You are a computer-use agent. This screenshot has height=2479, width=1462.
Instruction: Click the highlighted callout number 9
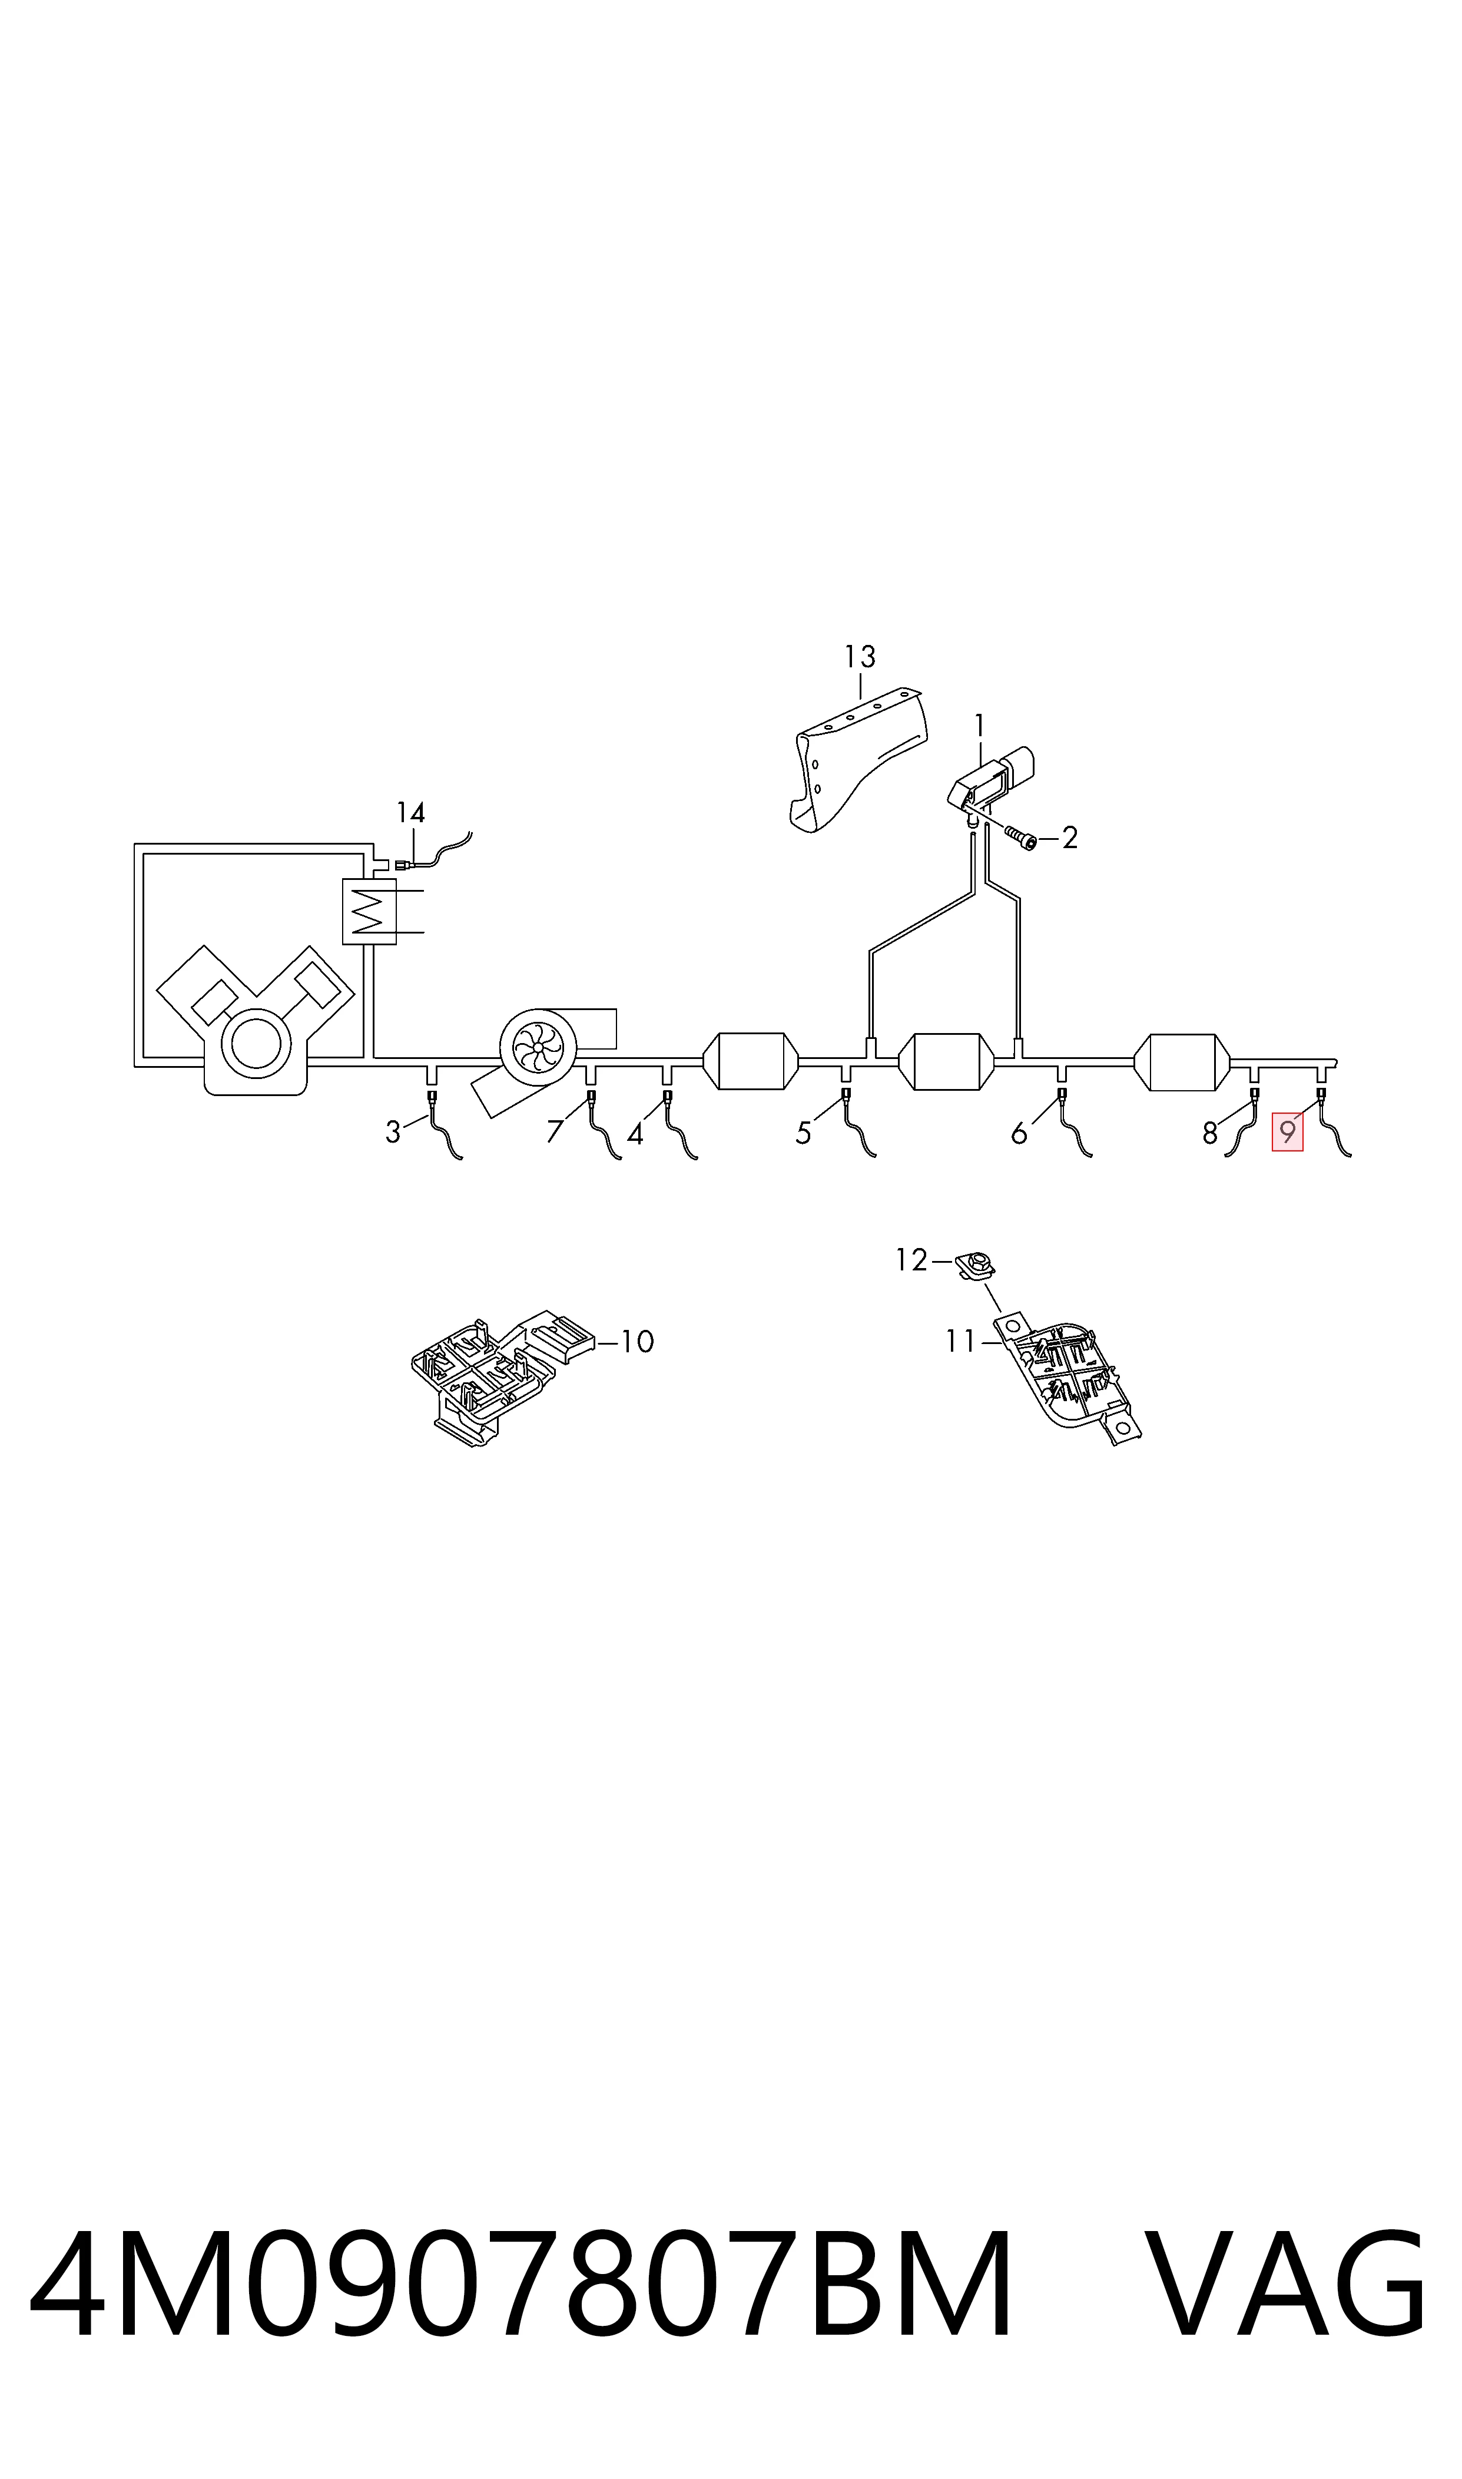coord(1287,1132)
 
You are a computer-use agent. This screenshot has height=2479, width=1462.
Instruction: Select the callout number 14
coord(411,813)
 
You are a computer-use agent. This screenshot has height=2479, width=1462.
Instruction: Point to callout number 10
coord(638,1341)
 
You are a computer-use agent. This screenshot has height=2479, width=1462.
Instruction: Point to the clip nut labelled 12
coord(976,1264)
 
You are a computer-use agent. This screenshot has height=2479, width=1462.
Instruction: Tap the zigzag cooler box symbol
coord(369,911)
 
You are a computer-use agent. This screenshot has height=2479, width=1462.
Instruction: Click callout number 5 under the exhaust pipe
coord(803,1134)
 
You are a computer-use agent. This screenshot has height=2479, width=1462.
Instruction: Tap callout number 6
coord(1019,1134)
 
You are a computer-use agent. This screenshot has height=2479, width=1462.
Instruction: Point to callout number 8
coord(1210,1134)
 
